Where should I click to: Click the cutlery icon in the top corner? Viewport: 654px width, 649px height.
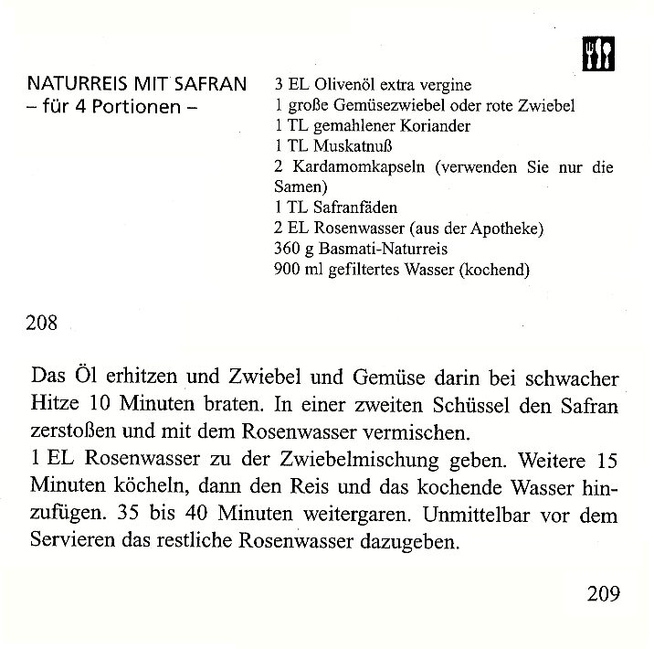[598, 54]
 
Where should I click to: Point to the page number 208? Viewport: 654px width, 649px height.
[44, 323]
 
